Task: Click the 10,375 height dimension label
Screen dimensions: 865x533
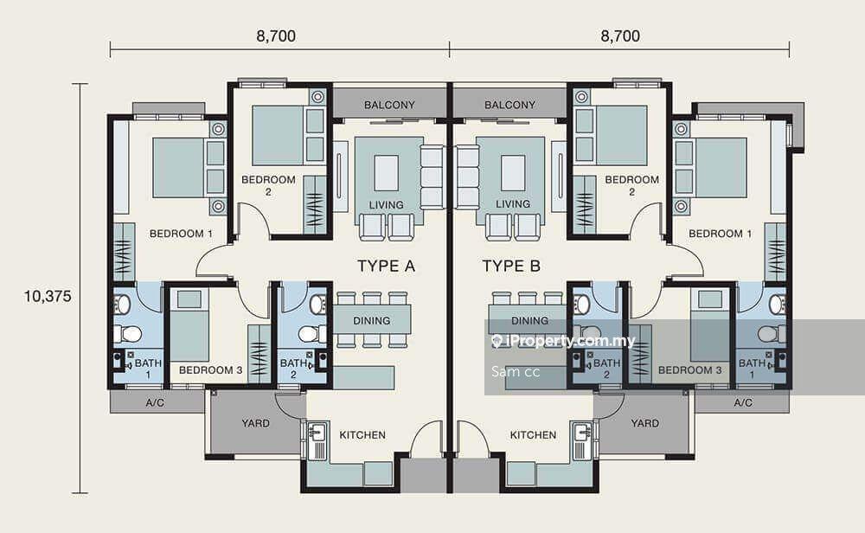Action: point(48,297)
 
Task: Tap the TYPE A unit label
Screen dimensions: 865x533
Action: point(386,266)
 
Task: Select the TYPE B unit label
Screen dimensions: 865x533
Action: point(511,266)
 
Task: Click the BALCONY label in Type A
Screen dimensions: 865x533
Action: point(389,105)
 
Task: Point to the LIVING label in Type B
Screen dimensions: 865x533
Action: point(513,204)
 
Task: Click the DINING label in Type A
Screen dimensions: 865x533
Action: point(372,320)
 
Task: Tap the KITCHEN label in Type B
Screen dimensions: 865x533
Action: point(533,435)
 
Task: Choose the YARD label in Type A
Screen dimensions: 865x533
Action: point(255,423)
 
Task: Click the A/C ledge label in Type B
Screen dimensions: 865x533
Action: point(743,403)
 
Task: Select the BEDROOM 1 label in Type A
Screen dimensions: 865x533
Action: point(181,234)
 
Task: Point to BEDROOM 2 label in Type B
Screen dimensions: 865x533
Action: point(631,185)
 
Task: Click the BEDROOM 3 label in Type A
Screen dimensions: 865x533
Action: point(211,370)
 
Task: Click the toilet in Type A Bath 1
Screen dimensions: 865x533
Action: point(127,334)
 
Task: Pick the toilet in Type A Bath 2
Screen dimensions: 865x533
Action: point(312,334)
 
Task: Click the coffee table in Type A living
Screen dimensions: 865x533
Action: point(386,173)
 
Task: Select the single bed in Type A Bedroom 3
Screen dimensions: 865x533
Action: point(189,325)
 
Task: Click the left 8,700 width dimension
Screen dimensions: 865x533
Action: point(276,36)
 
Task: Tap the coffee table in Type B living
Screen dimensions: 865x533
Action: point(513,173)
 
